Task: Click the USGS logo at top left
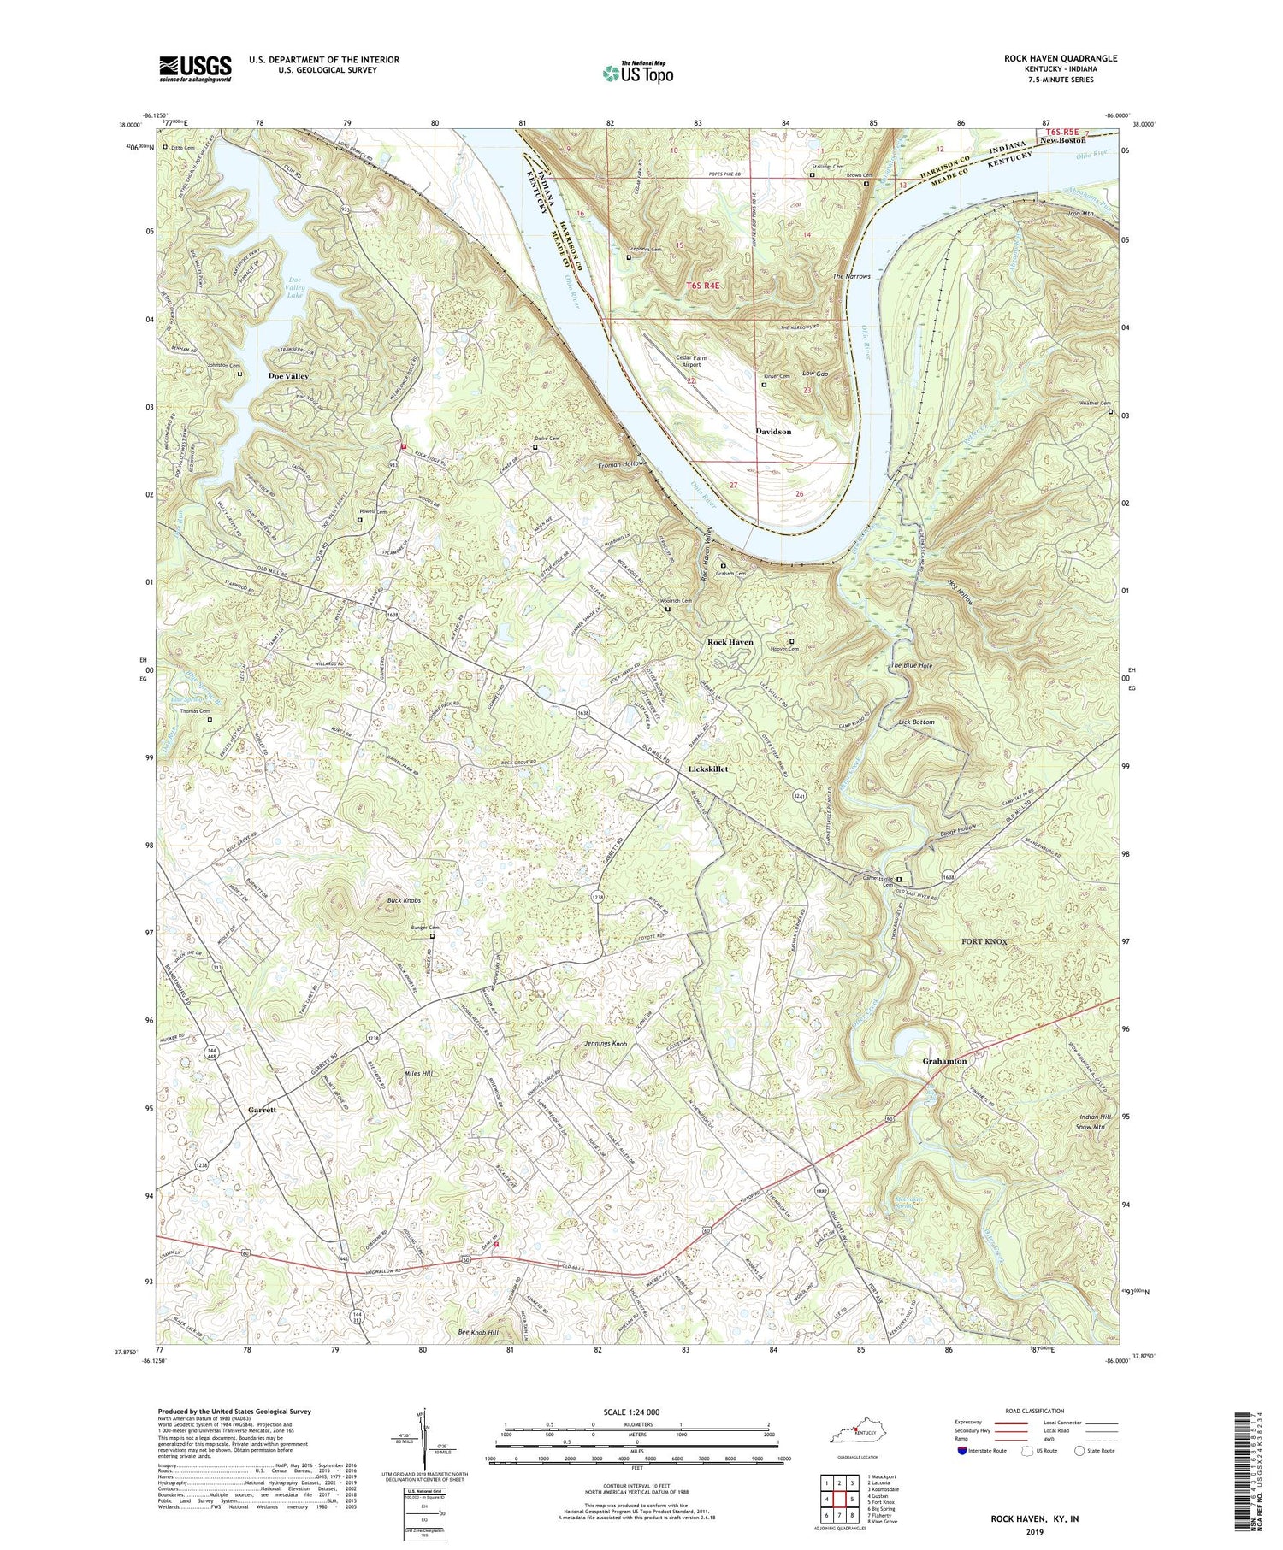coord(194,68)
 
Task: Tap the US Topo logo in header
coord(637,73)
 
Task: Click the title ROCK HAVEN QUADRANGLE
coord(1061,58)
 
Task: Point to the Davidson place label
coord(773,432)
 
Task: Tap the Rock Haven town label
coord(729,641)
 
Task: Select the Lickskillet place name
coord(709,769)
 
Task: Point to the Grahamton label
coord(944,1061)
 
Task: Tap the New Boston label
coord(1062,140)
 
